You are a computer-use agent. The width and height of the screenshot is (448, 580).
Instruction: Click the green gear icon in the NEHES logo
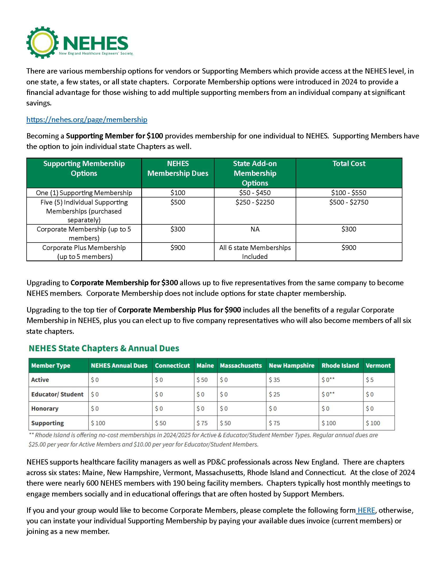pos(42,42)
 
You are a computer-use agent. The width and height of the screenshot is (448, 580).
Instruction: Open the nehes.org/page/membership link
pos(86,119)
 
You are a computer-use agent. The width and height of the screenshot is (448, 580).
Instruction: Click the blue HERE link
pos(366,510)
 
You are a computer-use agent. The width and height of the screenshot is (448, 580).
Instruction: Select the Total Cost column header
pos(349,164)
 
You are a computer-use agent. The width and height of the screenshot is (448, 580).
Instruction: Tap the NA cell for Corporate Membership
pos(255,229)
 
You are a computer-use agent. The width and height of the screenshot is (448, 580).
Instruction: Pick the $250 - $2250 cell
pos(255,202)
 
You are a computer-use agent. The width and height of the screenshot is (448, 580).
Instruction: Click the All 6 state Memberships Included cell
pos(255,252)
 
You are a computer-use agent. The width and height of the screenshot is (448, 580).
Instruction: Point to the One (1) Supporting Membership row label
pos(84,193)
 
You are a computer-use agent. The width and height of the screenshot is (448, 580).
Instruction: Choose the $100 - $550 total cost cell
pos(348,193)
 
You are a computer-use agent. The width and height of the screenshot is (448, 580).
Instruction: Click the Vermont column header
pos(378,366)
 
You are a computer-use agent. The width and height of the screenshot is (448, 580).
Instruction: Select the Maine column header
pos(205,366)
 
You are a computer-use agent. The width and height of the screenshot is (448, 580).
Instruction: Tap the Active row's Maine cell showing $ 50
pos(202,380)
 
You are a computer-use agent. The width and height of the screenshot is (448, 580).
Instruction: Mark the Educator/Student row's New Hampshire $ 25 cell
pos(274,394)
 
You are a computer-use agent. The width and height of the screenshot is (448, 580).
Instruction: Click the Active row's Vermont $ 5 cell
pos(370,380)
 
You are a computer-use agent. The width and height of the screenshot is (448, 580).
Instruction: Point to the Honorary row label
pos(45,409)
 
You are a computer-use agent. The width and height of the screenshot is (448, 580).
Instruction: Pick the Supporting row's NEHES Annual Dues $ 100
pos(98,423)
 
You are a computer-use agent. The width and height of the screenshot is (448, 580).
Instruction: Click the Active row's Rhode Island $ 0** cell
pos(328,380)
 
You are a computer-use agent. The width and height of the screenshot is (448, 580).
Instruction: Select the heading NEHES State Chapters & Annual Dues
pos(104,348)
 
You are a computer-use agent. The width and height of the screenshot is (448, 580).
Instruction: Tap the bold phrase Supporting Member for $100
pos(114,136)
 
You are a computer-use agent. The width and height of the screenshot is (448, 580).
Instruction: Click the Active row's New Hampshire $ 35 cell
pos(274,380)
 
